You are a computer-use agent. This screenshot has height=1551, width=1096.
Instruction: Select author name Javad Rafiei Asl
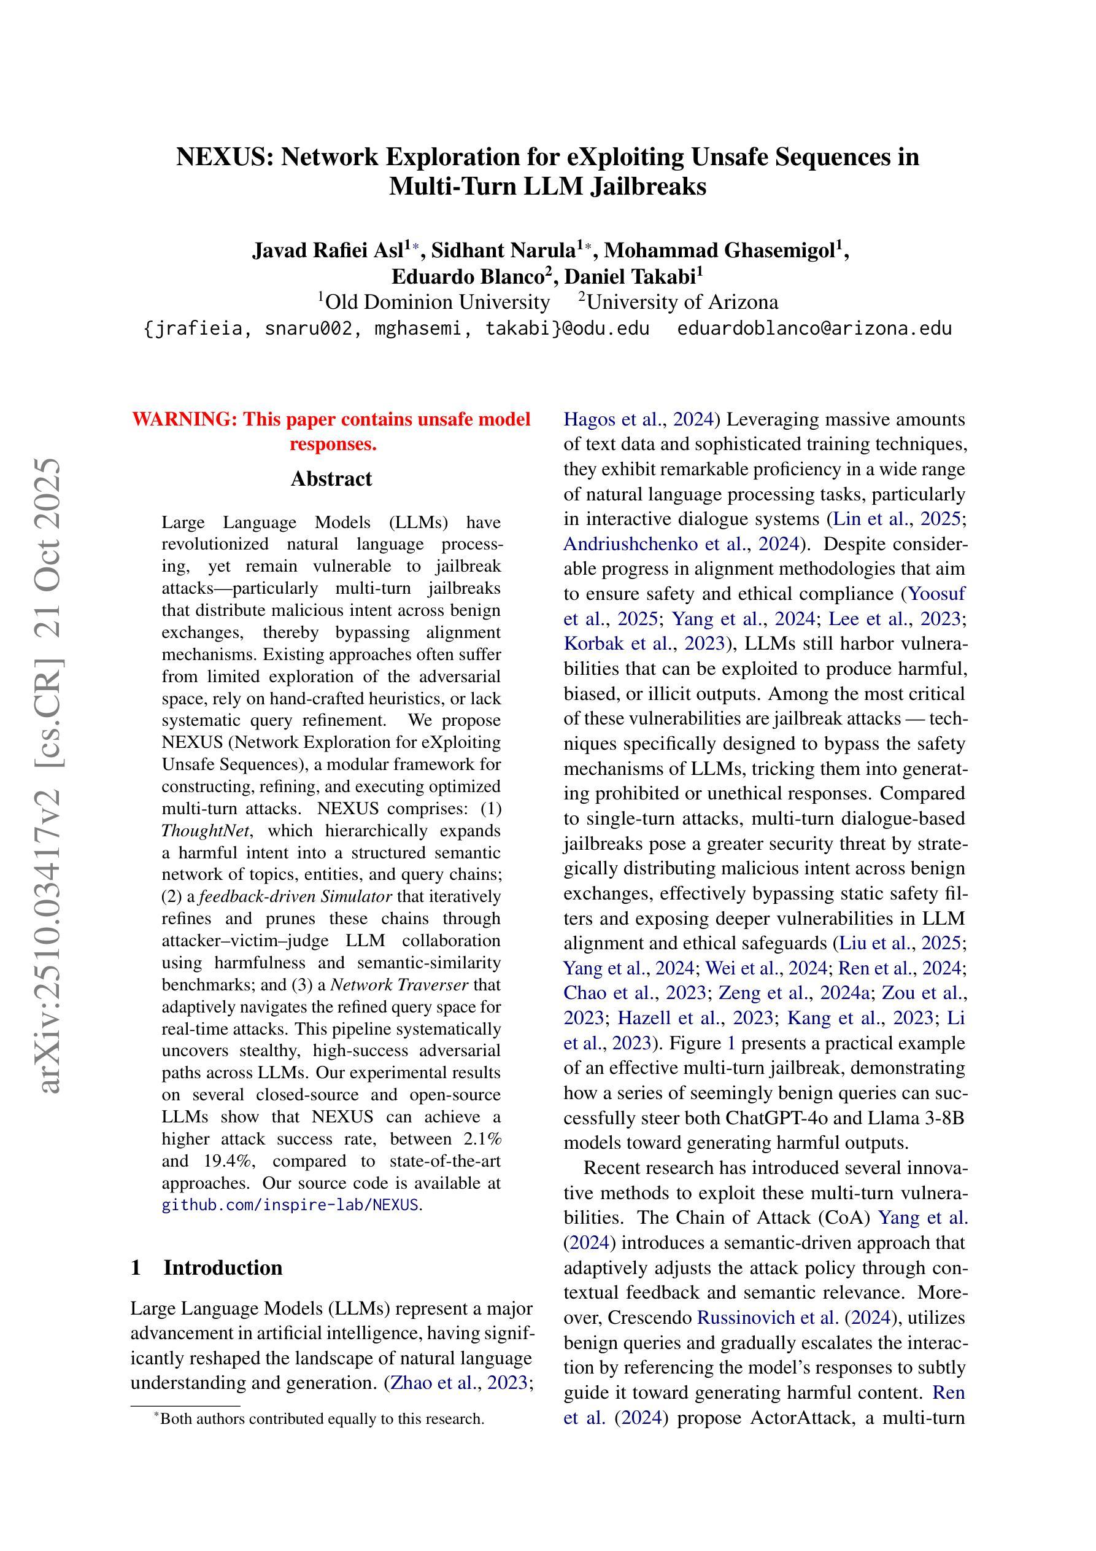pos(328,250)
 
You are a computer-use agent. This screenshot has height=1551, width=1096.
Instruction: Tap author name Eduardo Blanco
pos(469,276)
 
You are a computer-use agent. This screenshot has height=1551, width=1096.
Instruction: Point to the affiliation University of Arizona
pos(682,301)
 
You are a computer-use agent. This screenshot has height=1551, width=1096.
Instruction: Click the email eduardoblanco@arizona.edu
pos(814,328)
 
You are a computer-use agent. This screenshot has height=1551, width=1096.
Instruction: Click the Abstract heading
pos(331,479)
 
